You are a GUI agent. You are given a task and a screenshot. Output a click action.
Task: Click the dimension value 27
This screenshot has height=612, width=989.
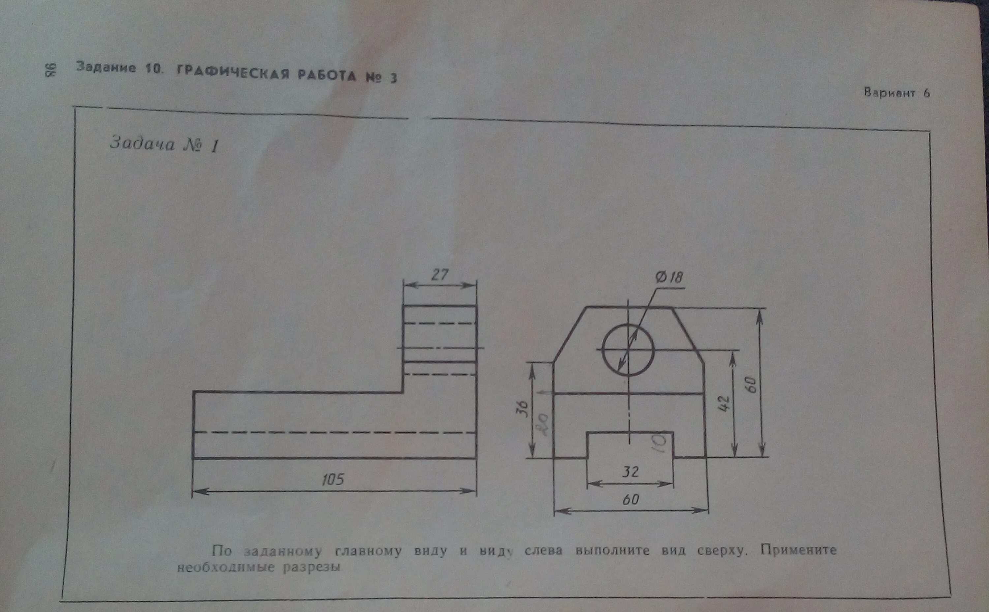[x=440, y=275]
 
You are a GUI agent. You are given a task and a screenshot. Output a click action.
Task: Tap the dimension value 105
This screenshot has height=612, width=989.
[x=333, y=480]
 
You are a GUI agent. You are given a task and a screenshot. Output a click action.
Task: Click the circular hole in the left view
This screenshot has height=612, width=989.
[x=628, y=349]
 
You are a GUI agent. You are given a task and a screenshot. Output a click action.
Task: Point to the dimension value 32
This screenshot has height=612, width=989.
[x=630, y=471]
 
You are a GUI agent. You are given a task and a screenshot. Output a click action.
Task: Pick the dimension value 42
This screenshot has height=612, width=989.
[x=724, y=404]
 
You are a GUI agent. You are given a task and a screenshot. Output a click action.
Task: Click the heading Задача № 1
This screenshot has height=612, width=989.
[x=164, y=145]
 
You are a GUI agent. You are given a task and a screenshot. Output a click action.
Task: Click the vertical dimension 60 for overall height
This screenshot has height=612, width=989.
[x=752, y=384]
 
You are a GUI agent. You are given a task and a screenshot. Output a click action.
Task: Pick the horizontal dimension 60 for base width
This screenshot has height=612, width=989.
[x=630, y=500]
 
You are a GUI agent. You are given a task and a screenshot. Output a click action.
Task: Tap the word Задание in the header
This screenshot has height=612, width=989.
[x=106, y=67]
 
